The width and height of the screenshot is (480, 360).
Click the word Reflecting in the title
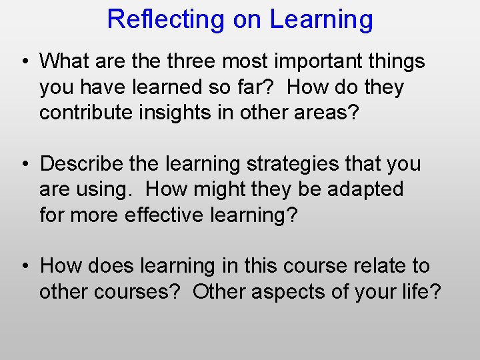click(x=166, y=19)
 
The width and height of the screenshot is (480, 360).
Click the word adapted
click(x=365, y=189)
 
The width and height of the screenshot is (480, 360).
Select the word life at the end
click(x=418, y=291)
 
